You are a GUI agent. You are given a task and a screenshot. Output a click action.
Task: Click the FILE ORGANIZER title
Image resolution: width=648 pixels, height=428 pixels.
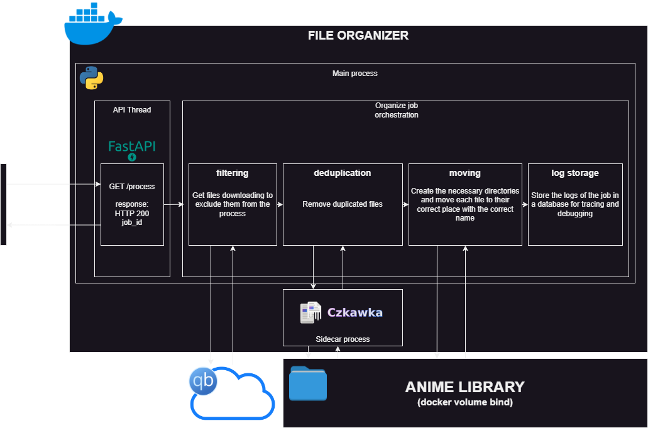[358, 36]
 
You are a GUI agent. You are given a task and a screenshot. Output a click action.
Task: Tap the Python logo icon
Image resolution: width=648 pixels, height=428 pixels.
[92, 78]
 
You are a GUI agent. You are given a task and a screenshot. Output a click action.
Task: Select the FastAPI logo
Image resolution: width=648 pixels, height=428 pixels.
[132, 148]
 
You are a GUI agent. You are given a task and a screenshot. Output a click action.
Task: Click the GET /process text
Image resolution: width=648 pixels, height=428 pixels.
[132, 187]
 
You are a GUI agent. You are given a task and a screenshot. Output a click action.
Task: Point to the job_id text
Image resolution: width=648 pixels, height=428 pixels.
[132, 222]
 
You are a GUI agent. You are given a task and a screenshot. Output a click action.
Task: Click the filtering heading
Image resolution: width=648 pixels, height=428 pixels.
[233, 173]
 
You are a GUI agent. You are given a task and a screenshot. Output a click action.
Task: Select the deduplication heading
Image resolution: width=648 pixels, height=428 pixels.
[343, 173]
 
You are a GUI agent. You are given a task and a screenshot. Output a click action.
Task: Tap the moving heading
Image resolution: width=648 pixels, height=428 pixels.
[465, 173]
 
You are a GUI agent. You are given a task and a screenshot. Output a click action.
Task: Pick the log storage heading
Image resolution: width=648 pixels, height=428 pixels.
[575, 173]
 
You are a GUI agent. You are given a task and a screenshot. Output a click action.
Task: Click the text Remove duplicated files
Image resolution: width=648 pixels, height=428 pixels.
[343, 204]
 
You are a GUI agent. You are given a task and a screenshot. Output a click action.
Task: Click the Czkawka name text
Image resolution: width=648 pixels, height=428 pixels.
[355, 312]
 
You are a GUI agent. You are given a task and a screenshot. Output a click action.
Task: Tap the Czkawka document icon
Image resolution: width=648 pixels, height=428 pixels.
[310, 312]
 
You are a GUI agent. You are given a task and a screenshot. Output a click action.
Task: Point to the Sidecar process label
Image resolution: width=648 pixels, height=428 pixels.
[343, 339]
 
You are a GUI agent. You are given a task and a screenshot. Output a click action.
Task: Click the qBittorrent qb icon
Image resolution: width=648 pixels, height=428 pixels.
[203, 381]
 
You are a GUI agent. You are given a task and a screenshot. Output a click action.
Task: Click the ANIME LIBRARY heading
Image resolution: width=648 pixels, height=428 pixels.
[464, 387]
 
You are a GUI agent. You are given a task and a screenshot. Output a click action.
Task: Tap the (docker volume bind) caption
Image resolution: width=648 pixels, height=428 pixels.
[464, 402]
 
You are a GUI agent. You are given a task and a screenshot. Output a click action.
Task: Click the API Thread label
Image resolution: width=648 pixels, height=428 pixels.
[132, 109]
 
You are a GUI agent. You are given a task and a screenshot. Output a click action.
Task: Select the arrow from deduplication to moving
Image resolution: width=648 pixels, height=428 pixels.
[405, 204]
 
